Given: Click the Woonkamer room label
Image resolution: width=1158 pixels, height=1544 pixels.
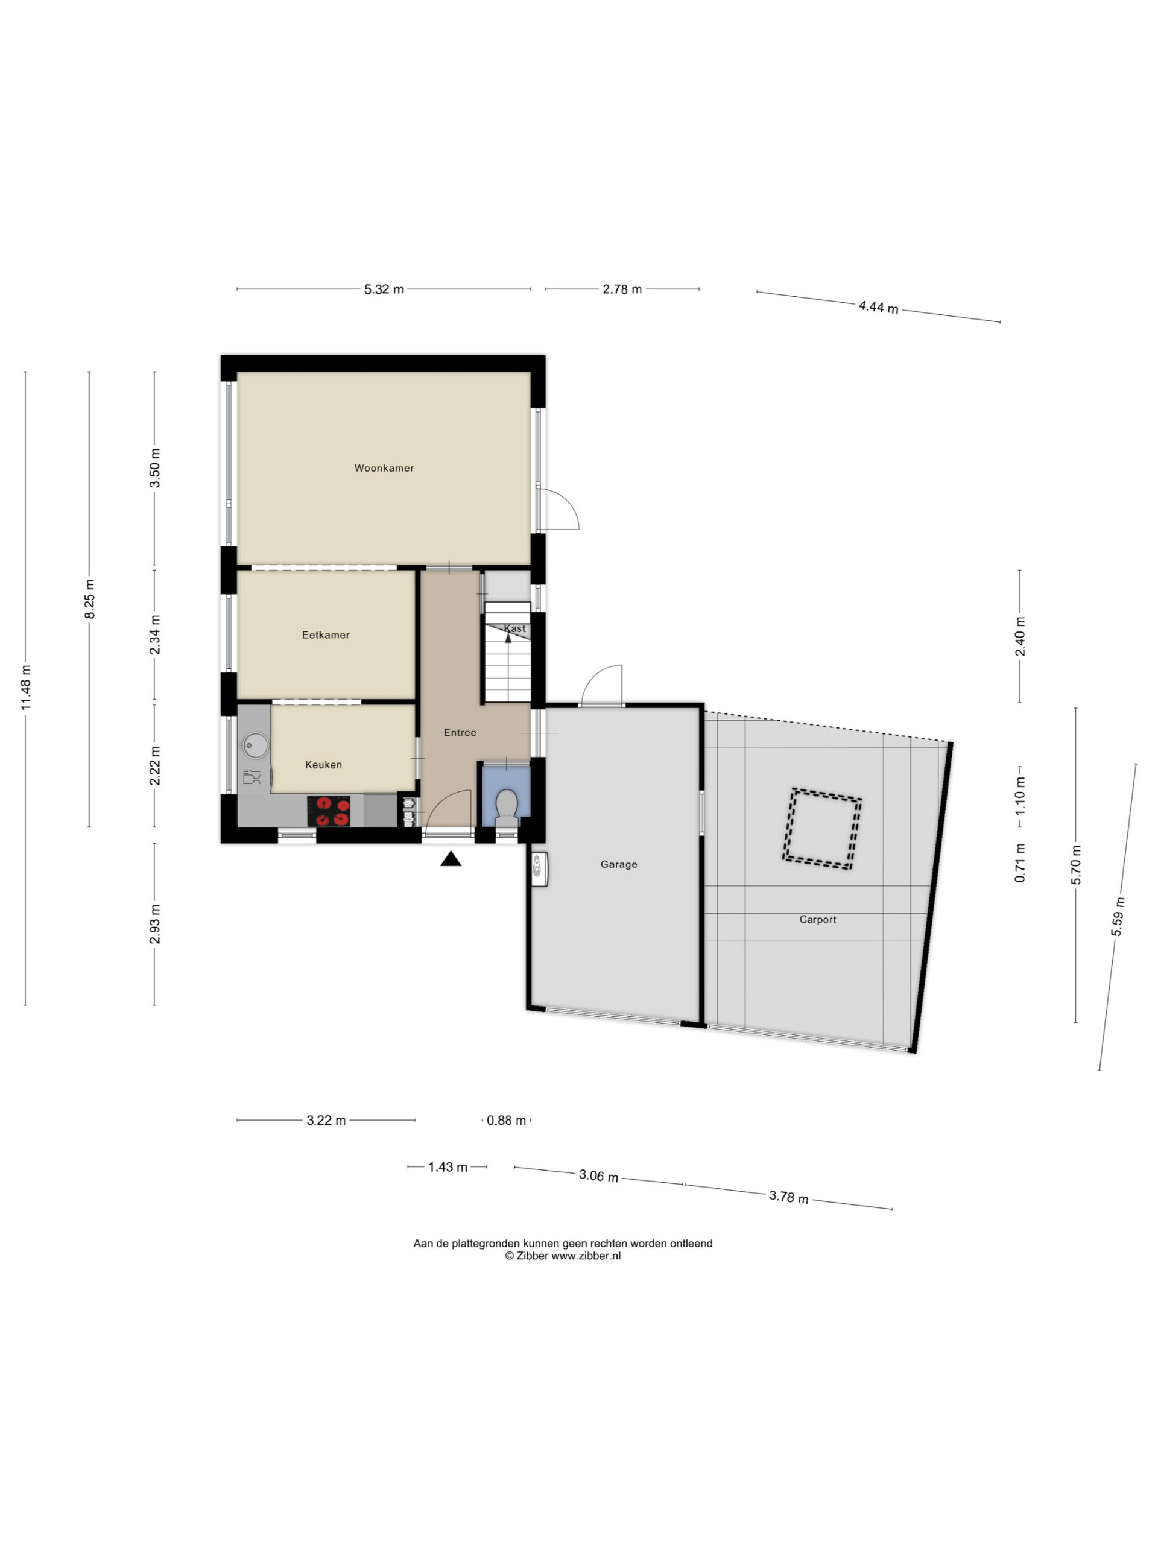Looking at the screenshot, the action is [384, 469].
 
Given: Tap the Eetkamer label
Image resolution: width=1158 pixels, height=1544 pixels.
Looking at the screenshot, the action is [326, 635].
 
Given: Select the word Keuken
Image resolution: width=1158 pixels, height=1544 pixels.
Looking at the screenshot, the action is [324, 765].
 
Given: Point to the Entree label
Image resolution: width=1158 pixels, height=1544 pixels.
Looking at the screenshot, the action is [460, 733].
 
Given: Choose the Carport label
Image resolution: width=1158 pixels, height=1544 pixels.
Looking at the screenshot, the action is [818, 920].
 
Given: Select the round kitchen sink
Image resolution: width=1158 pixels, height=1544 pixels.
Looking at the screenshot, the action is [256, 745].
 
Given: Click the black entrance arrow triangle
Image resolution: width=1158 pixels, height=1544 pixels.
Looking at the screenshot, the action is [451, 859].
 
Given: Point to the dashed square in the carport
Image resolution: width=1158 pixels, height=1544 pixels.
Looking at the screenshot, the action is [822, 829].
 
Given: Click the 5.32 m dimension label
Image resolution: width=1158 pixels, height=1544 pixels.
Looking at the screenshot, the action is [384, 289].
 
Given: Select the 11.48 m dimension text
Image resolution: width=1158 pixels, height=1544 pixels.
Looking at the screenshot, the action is [26, 688].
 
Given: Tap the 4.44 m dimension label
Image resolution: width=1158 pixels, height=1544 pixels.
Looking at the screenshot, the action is [879, 306].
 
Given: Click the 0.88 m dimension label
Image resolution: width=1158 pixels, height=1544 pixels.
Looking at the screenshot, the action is [506, 1121].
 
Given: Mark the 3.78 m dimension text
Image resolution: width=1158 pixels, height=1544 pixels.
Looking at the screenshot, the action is [789, 1197].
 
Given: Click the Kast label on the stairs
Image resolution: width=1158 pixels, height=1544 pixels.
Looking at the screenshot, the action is [515, 629].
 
